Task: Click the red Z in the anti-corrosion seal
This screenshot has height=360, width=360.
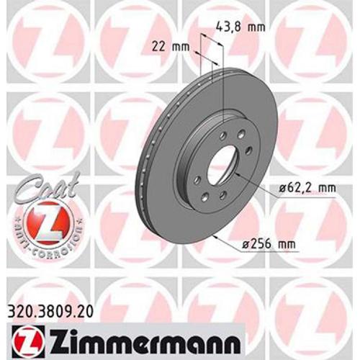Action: [x=40, y=220]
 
